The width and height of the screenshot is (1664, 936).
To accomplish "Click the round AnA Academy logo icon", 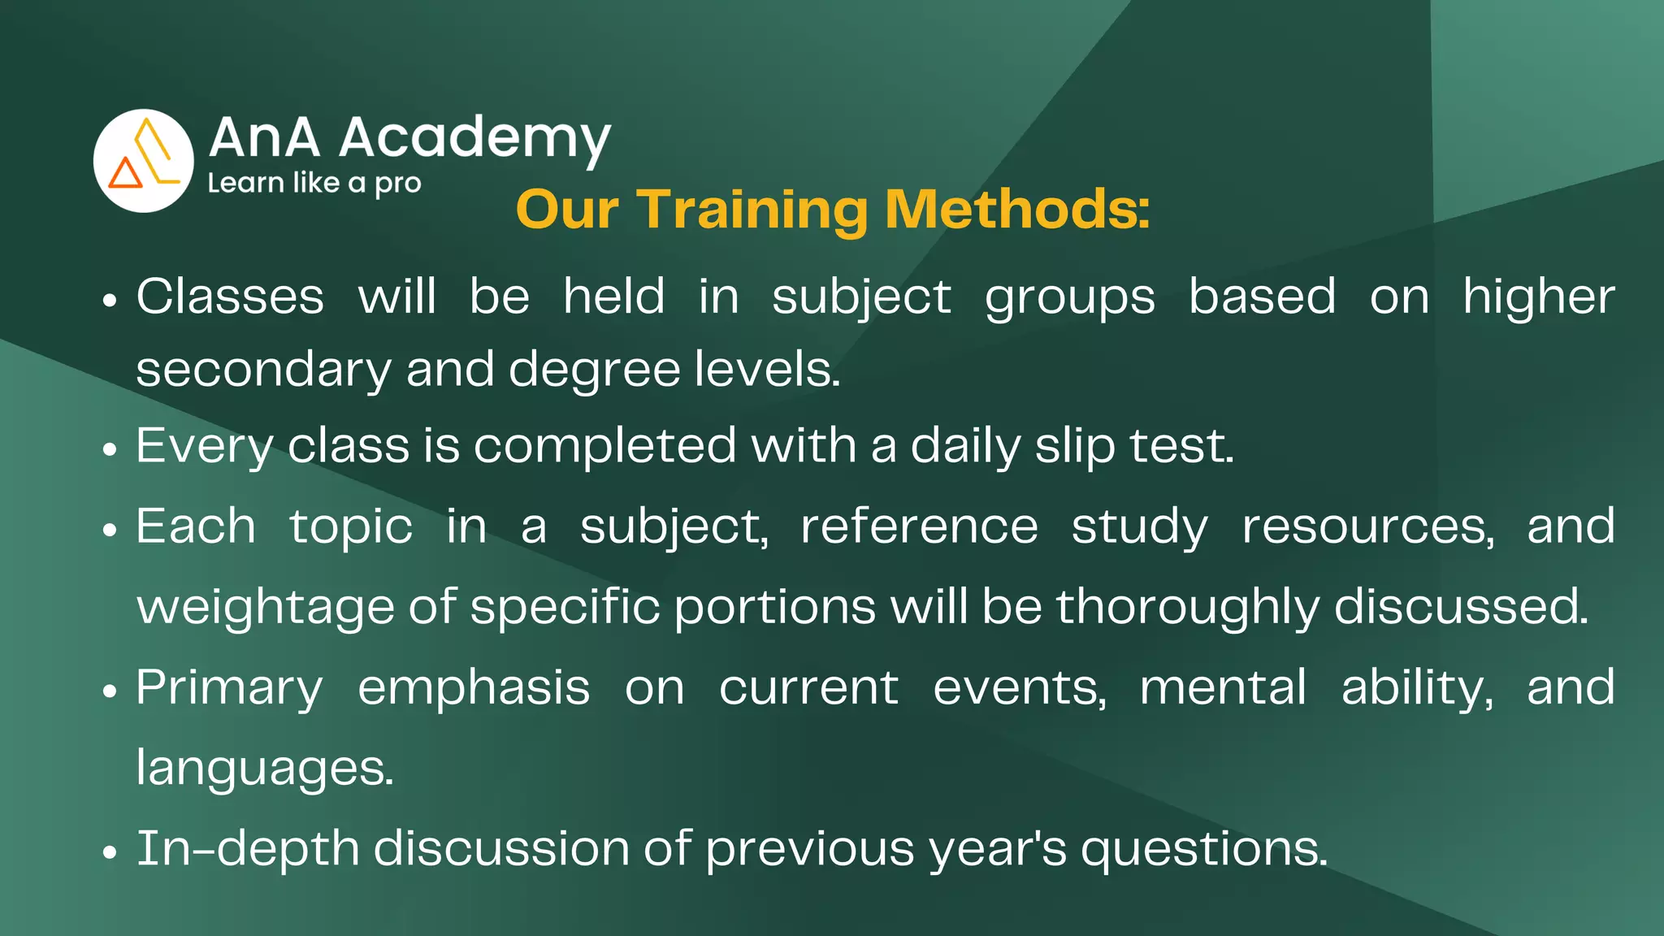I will coord(143,160).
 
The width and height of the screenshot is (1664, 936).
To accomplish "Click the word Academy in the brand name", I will coord(474,137).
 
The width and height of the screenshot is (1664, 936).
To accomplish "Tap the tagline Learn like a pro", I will coord(314,183).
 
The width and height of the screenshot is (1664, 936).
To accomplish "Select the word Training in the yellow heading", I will coord(752,210).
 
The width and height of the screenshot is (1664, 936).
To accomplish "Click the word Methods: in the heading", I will coord(1017,210).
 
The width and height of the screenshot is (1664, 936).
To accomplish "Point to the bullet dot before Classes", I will coord(110,301).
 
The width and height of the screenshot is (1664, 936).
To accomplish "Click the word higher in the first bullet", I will coord(1538,297).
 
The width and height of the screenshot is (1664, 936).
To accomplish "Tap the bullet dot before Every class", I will coord(110,449).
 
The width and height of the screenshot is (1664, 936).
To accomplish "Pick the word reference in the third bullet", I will coord(919,526).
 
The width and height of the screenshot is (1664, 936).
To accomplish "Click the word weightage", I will coord(265,608).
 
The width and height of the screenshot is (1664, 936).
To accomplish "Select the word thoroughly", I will coord(1188,608).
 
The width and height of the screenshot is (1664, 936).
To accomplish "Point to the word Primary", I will coord(229,689).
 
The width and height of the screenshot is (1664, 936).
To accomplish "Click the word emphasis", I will coord(474,689).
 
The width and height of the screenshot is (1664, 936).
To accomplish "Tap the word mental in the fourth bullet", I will coord(1223,687).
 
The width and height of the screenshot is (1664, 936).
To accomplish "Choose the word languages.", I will coord(265,769).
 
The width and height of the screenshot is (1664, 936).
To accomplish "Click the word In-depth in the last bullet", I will coord(247,849).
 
